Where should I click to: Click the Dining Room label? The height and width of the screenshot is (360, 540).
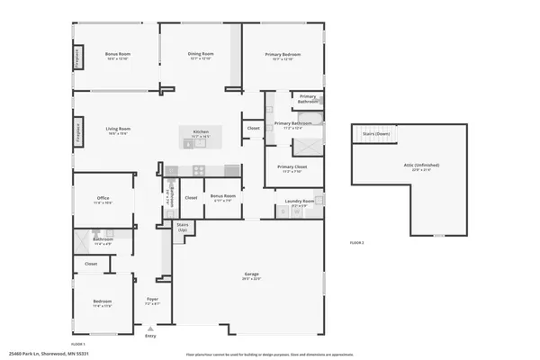coord(201,54)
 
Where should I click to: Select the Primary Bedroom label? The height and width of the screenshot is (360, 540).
coord(283,55)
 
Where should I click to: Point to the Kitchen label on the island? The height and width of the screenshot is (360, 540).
coord(201,132)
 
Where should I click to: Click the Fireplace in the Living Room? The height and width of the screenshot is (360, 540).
coord(78,131)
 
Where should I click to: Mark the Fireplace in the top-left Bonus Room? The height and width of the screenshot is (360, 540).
coord(78,58)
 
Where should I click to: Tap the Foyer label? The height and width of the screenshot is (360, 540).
coord(152,301)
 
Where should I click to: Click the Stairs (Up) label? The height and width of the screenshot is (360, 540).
coord(182,227)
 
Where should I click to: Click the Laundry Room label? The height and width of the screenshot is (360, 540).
coord(299,202)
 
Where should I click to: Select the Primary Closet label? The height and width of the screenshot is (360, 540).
coord(292,167)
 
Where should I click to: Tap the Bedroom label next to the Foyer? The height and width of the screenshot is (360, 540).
coord(103,301)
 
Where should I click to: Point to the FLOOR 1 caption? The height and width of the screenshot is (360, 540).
coord(79,344)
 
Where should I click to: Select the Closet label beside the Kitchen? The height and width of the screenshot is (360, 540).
coord(254,129)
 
